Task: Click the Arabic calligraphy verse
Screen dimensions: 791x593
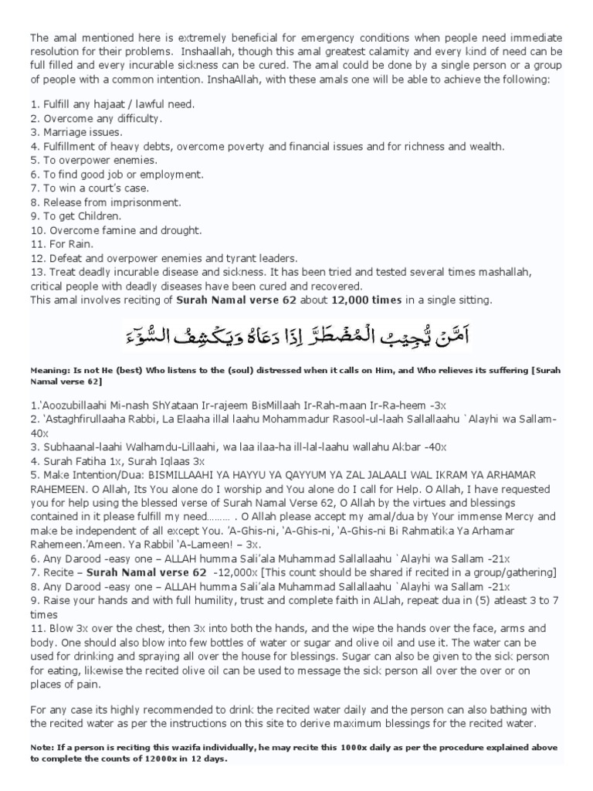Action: pos(296,335)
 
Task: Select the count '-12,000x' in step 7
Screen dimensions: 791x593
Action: pos(235,572)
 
